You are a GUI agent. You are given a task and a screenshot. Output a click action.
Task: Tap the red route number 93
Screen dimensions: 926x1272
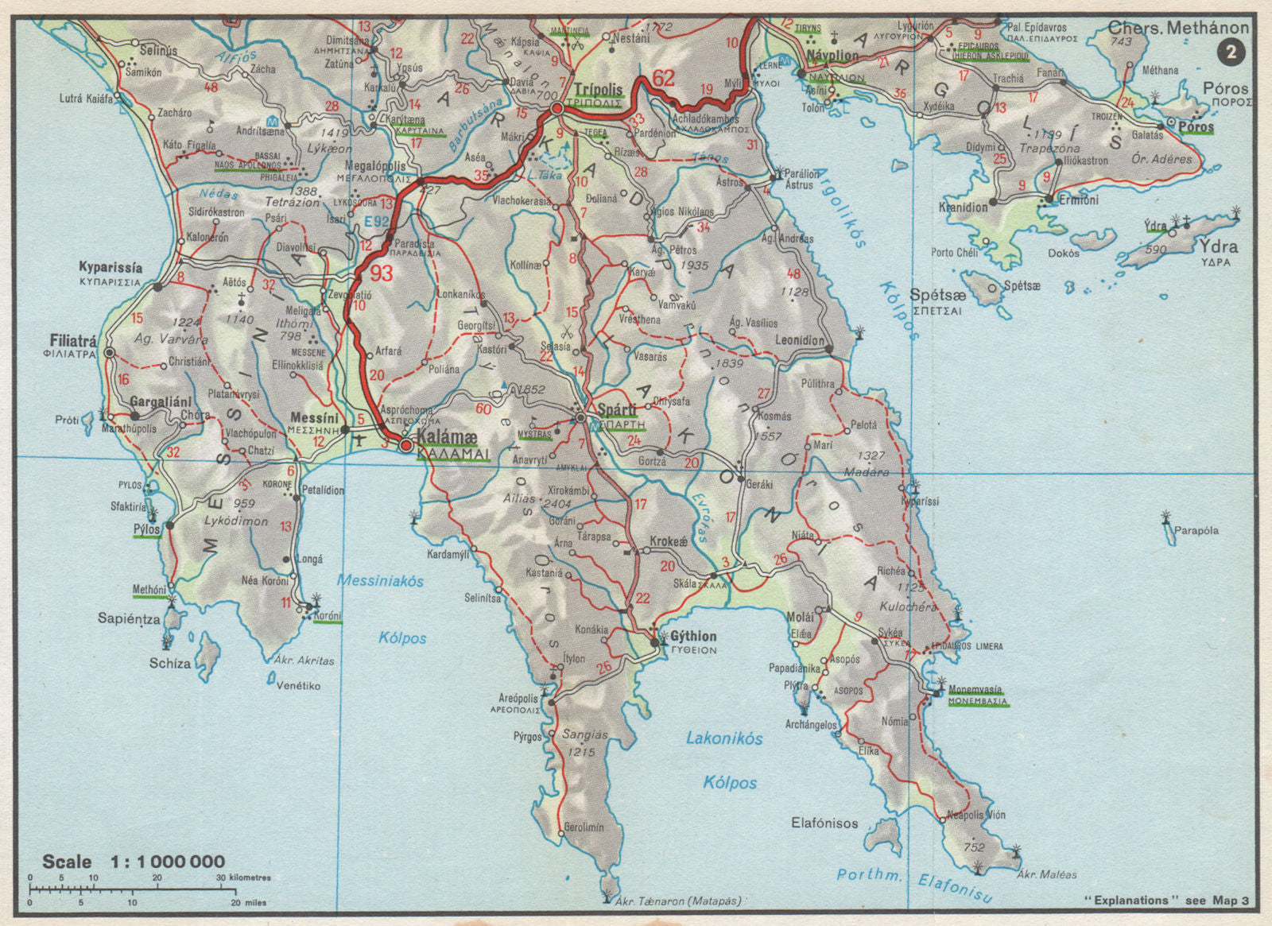382,273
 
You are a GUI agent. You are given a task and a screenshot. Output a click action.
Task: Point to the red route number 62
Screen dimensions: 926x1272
663,78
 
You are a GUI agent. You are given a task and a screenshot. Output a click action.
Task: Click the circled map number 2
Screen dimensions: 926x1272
1231,53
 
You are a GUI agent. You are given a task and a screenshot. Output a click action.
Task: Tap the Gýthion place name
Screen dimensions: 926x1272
693,636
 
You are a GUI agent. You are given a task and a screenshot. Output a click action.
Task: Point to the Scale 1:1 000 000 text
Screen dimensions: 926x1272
134,862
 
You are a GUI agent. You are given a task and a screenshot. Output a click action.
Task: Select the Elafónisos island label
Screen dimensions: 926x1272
824,823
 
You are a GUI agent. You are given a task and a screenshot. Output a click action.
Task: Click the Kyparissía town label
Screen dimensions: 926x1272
111,268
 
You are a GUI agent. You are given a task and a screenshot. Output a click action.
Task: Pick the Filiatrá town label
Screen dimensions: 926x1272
73,340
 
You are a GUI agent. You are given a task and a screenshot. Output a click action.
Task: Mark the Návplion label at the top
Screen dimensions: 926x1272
832,56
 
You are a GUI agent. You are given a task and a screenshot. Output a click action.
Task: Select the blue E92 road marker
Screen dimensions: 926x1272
376,222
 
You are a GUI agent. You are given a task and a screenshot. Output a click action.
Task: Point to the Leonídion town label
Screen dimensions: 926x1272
800,340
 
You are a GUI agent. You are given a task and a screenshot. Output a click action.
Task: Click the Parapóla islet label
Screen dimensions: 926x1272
1196,530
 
